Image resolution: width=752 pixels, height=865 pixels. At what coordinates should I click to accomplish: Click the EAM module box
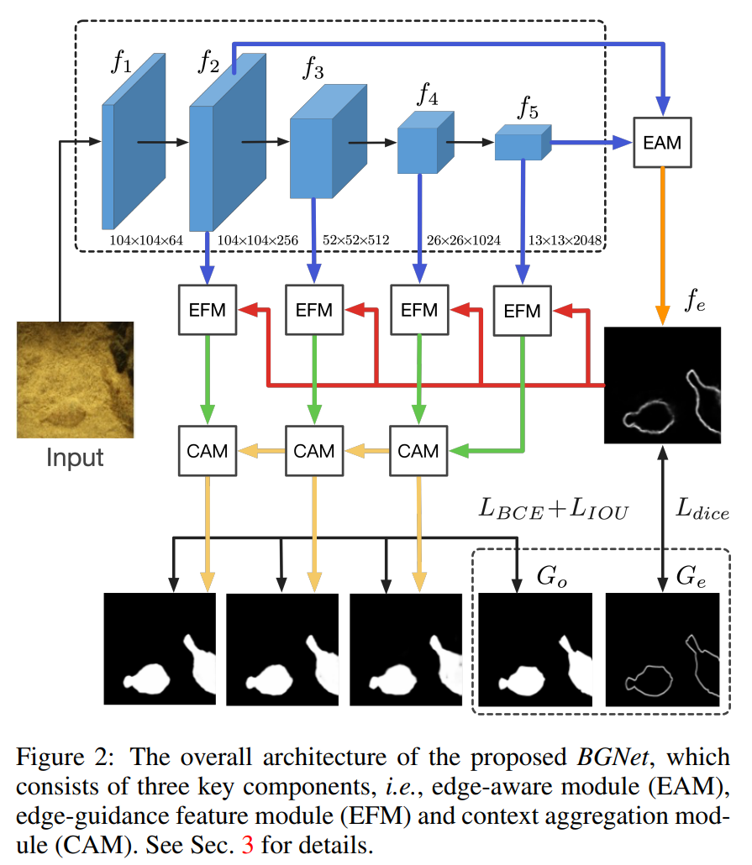(x=662, y=143)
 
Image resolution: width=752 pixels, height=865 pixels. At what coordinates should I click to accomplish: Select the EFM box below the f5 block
(x=522, y=311)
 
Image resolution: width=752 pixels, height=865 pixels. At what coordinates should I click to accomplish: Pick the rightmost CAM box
(x=418, y=451)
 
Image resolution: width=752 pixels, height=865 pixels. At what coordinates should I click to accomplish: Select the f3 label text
(x=313, y=69)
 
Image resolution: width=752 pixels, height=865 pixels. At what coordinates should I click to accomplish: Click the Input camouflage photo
(x=75, y=380)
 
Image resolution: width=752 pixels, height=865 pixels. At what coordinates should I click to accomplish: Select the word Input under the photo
(x=75, y=459)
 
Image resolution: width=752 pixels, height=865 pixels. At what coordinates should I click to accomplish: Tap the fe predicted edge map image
(x=663, y=384)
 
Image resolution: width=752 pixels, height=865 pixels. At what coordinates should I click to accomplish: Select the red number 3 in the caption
(x=246, y=844)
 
